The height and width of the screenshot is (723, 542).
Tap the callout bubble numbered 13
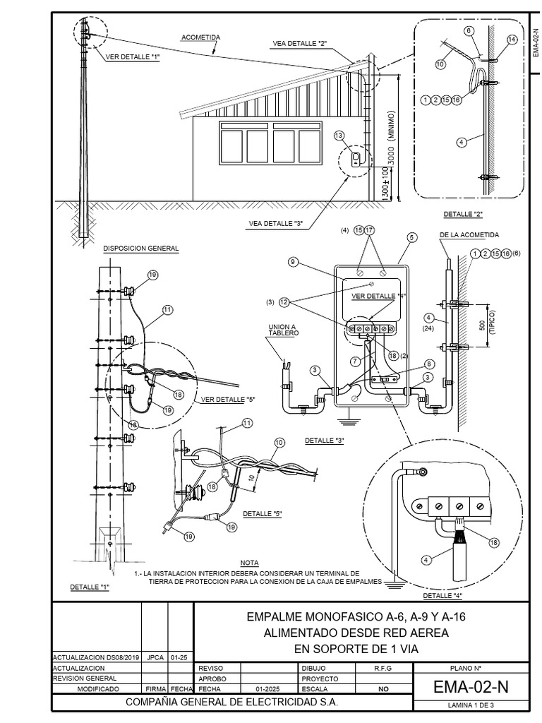pos(339,135)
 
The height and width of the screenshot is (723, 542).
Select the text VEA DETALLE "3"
pos(275,224)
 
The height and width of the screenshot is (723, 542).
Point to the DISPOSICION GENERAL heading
pos(141,249)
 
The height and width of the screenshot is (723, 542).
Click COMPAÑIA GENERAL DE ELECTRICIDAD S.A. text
pos(231,703)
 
